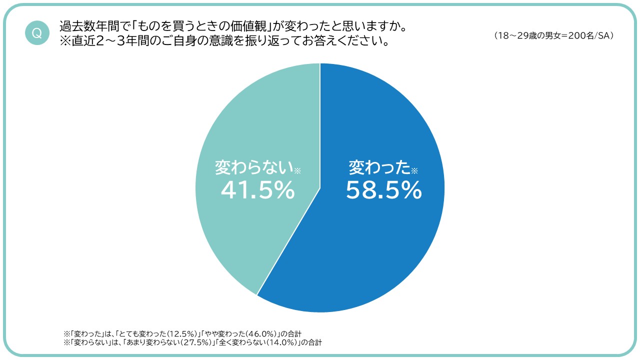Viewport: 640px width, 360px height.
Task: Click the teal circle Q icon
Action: (x=37, y=33)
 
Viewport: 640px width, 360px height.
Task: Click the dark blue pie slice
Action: (x=380, y=240)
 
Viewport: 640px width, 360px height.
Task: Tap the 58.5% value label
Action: (x=384, y=190)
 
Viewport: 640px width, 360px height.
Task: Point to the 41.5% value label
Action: (x=257, y=190)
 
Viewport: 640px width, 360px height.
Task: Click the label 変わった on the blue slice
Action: (x=379, y=167)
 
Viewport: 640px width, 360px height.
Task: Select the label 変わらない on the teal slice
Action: (x=254, y=167)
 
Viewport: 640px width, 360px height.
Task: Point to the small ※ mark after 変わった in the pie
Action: (x=414, y=171)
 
